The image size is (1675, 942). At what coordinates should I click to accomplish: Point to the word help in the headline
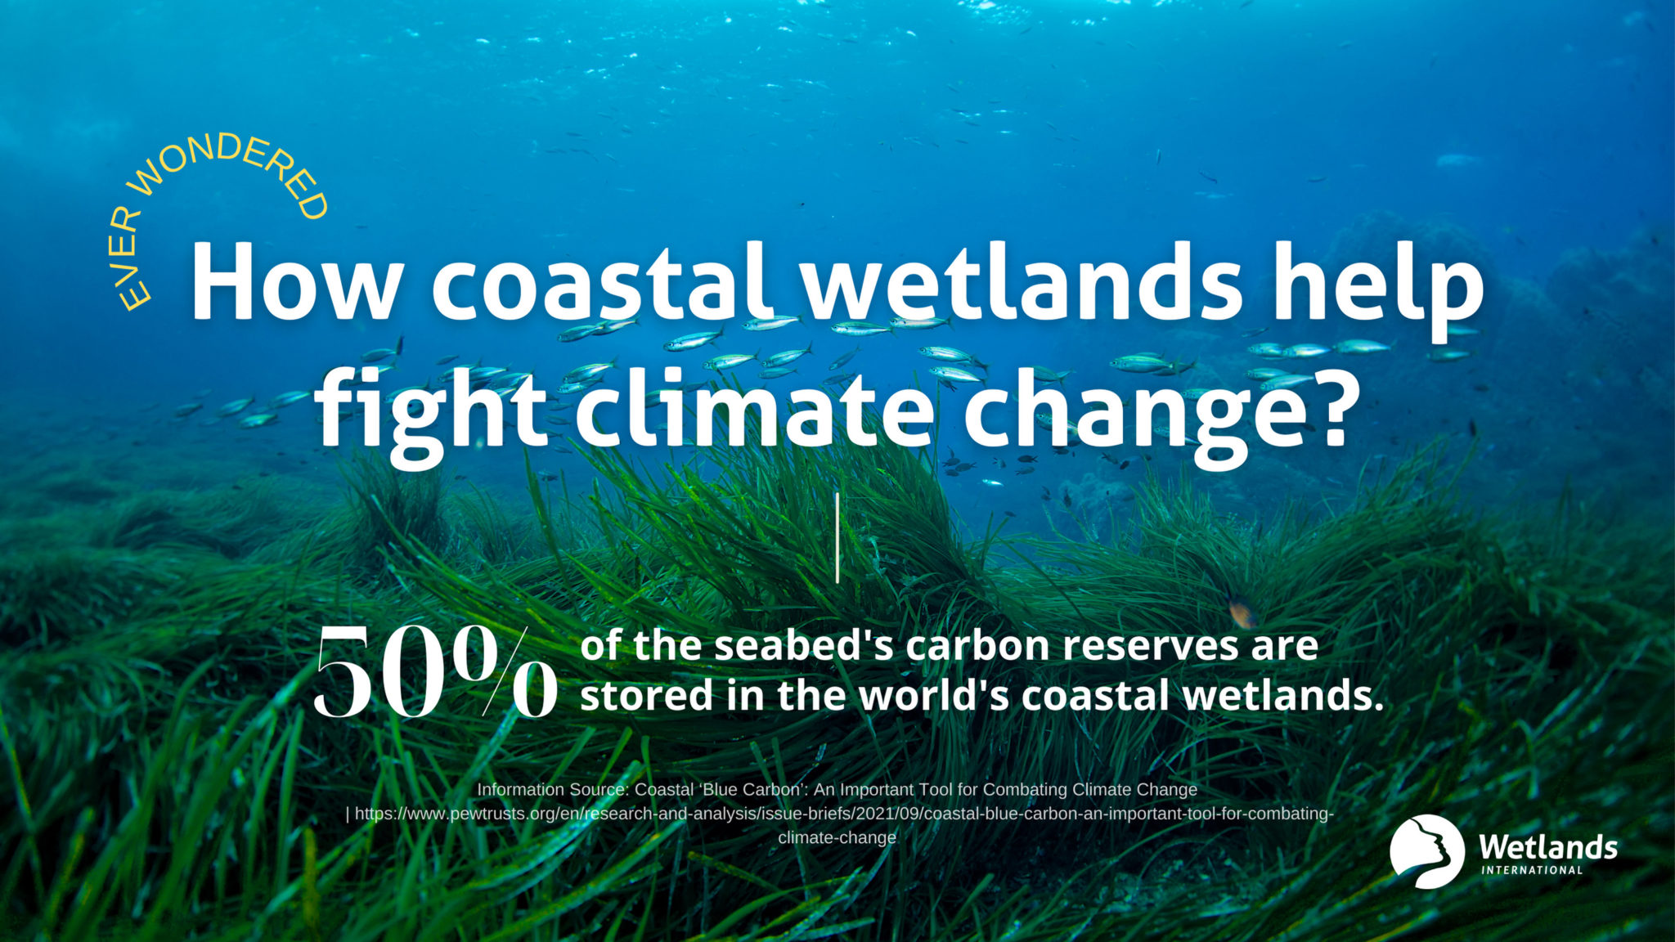[1381, 290]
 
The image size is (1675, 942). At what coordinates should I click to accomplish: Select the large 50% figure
[436, 673]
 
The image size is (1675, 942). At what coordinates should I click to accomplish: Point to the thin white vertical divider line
[837, 538]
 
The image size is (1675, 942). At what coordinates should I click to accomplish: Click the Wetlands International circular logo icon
[1426, 851]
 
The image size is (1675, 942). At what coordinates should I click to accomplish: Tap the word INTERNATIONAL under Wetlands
[1532, 870]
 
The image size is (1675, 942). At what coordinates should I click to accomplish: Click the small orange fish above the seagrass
[1242, 612]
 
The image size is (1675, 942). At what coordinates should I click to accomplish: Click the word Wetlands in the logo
[1548, 846]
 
